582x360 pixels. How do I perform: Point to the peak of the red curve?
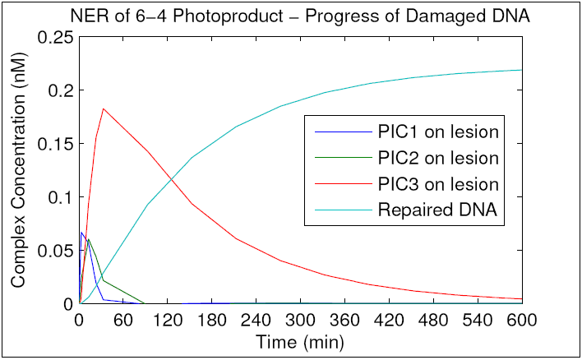click(x=103, y=108)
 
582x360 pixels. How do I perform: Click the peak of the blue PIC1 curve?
click(x=81, y=233)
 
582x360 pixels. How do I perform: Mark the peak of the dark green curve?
click(x=88, y=239)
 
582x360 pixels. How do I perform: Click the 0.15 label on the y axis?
click(x=57, y=144)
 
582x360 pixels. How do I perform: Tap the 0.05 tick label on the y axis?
click(x=57, y=251)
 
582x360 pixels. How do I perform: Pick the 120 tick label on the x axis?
click(x=167, y=320)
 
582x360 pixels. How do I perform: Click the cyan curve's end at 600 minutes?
click(x=521, y=70)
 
